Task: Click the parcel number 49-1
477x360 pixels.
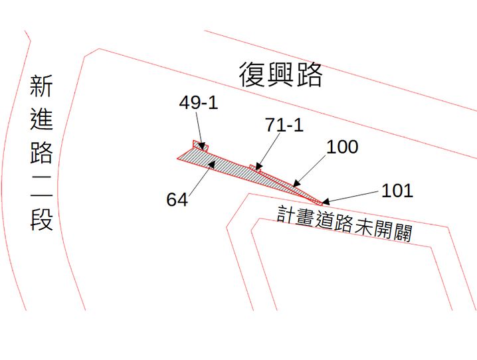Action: coord(198,103)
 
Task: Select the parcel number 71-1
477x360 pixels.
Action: coord(284,124)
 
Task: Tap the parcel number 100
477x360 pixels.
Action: coord(342,146)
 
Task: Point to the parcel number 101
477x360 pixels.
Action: coord(397,191)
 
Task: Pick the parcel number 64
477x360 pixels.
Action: coord(177,199)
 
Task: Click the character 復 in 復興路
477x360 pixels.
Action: coord(252,76)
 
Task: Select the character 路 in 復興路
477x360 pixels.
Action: coord(309,76)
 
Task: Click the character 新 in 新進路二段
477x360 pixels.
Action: coord(41,87)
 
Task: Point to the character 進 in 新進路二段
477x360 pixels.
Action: coord(41,120)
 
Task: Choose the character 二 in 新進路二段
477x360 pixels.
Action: coord(41,187)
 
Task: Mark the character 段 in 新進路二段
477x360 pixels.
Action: coord(41,219)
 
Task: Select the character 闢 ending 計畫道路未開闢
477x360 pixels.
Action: coord(401,232)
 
